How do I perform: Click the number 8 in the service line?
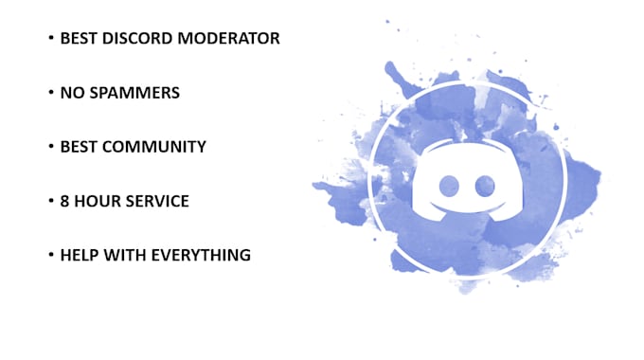65,202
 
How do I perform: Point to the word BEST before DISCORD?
80,39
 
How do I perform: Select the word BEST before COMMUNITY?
80,148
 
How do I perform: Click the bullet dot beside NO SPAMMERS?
50,94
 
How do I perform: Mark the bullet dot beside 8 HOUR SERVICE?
50,202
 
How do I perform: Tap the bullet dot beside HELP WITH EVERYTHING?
50,256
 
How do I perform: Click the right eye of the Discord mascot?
486,184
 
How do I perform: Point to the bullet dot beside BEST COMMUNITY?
50,148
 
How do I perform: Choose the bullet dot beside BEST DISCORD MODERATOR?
50,39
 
